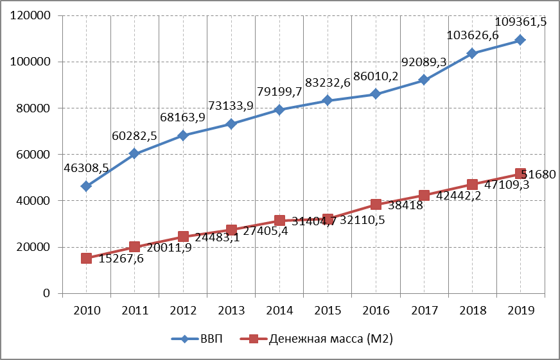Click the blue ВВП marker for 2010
coord(87,186)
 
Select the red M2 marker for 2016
coord(376,205)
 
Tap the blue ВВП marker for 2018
coord(472,53)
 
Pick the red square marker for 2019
coord(520,174)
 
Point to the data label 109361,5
coord(521,22)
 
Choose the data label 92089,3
coord(423,62)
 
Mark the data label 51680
coord(538,174)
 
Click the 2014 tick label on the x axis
coord(279,311)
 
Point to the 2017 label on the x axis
coord(424,311)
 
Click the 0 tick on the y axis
coord(47,294)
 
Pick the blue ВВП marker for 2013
coord(231,124)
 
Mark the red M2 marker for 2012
coord(183,237)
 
